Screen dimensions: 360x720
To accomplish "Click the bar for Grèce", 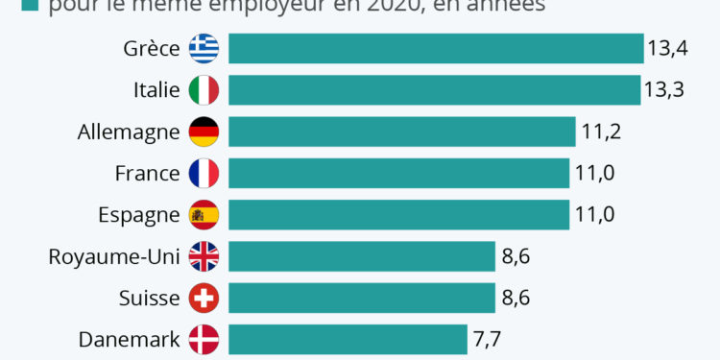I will click(x=435, y=49).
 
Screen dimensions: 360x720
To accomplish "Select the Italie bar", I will click(x=434, y=90).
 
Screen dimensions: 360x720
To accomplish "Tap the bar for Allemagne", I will click(x=401, y=132).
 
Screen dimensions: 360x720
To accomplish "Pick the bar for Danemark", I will click(x=348, y=339).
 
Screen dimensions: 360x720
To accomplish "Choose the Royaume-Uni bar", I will click(x=361, y=256).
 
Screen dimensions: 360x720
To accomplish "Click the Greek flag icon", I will click(x=204, y=49).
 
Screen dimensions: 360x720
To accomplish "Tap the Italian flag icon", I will click(x=204, y=90).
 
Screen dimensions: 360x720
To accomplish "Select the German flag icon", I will click(x=204, y=132).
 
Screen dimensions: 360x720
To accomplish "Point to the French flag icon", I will click(x=204, y=173).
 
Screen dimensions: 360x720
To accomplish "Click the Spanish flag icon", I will click(x=204, y=215).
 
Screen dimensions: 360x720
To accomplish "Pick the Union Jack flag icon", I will click(x=204, y=256).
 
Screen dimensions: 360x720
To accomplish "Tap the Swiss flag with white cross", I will click(x=204, y=298).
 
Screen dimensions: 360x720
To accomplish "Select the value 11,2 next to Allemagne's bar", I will click(x=601, y=132).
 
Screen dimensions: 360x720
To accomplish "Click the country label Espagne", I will click(x=139, y=215).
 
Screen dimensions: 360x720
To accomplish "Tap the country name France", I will click(x=147, y=173).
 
